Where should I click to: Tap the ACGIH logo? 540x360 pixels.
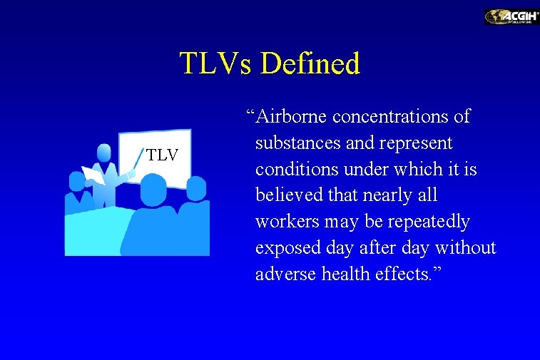click(511, 16)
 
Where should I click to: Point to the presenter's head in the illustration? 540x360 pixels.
click(104, 153)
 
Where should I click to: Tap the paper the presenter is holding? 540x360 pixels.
click(93, 175)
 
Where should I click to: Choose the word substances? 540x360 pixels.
click(298, 143)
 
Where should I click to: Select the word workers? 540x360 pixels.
click(287, 222)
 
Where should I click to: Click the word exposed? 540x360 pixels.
click(286, 249)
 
